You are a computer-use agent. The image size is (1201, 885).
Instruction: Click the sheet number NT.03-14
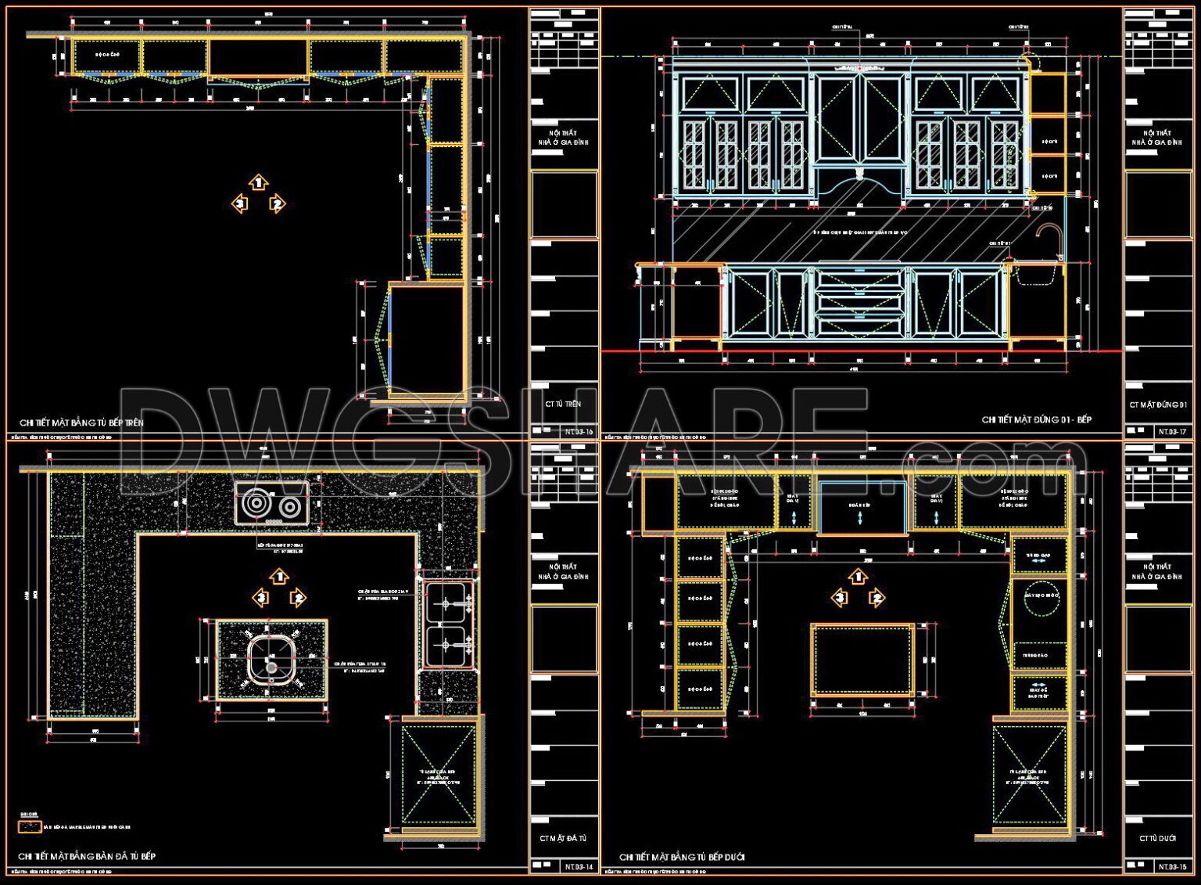(x=579, y=866)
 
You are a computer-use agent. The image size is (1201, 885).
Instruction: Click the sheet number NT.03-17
(x=1173, y=431)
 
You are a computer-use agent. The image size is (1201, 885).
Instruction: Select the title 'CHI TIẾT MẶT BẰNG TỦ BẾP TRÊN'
(x=81, y=423)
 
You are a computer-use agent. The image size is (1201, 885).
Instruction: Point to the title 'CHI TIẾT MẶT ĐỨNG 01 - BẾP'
(x=1036, y=420)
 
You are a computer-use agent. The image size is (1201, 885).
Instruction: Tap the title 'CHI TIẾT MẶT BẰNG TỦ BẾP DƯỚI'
(x=682, y=857)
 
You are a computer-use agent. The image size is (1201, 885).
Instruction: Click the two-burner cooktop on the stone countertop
(x=272, y=504)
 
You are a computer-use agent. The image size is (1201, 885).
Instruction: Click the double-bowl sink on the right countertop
(x=448, y=624)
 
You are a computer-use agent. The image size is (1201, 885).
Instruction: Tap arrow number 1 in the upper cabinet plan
(x=259, y=183)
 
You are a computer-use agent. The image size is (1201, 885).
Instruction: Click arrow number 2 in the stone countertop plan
(x=298, y=599)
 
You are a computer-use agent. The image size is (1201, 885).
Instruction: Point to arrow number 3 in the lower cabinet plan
(x=840, y=599)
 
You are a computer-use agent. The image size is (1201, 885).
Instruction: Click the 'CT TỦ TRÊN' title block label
(x=563, y=405)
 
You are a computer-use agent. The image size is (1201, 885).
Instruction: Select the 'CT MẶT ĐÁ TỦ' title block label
(x=563, y=838)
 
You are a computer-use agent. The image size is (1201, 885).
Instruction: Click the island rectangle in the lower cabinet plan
(x=862, y=660)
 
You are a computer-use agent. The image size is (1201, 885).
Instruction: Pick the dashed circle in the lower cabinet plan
(x=1041, y=595)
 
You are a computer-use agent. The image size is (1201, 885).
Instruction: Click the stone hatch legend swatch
(x=30, y=826)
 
